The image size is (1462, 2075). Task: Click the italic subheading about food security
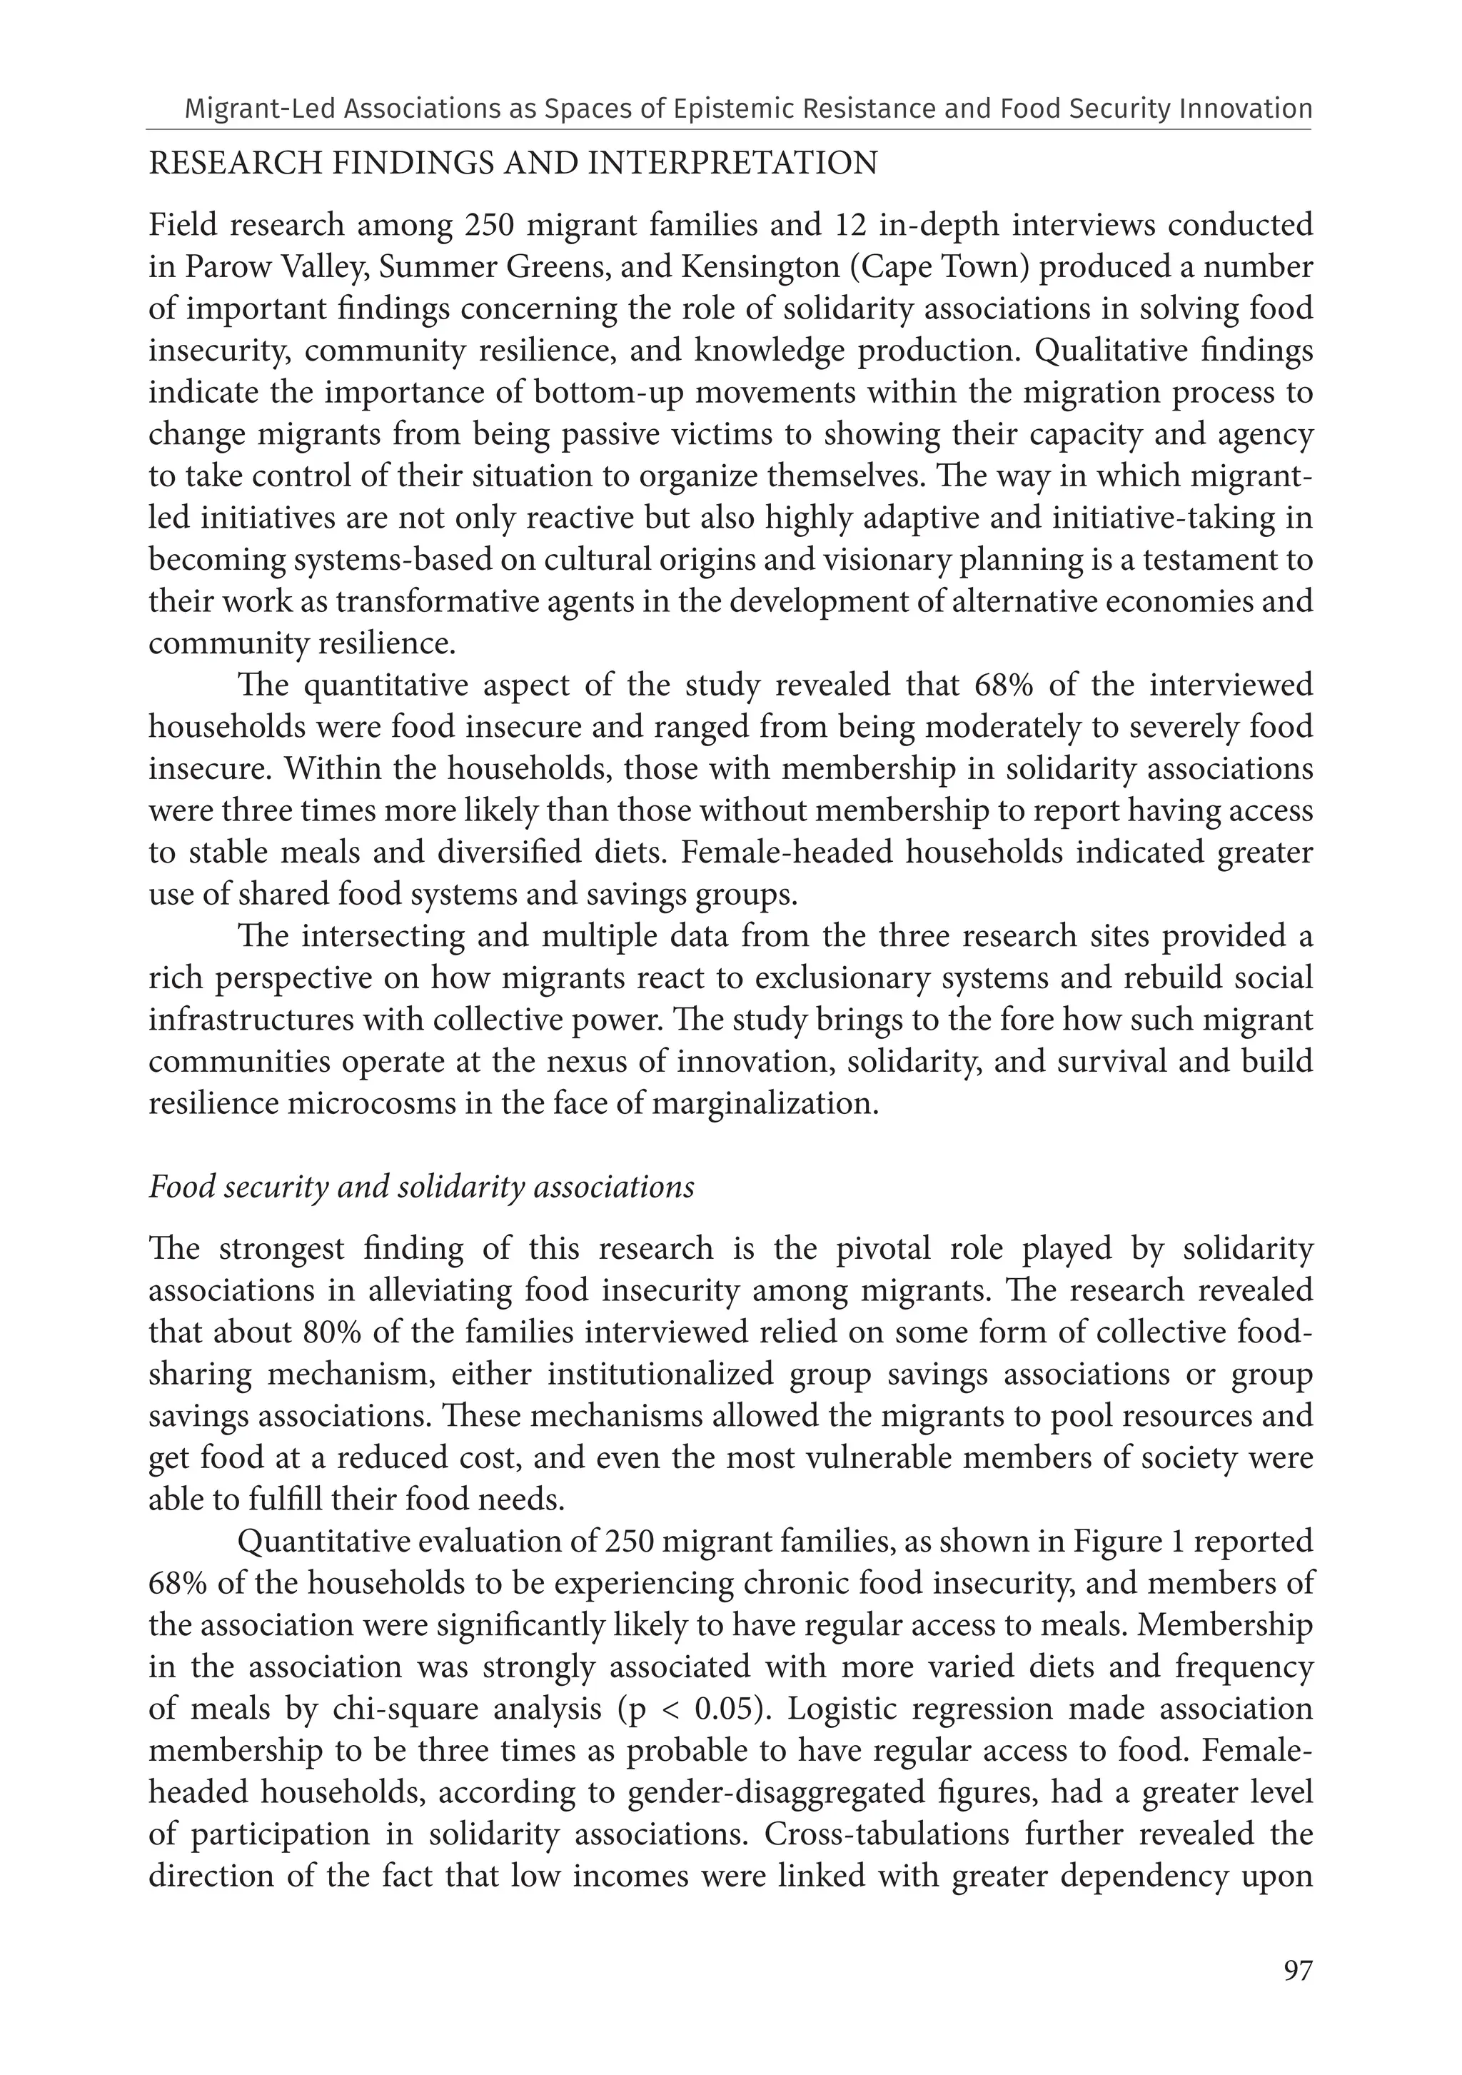click(421, 1187)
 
